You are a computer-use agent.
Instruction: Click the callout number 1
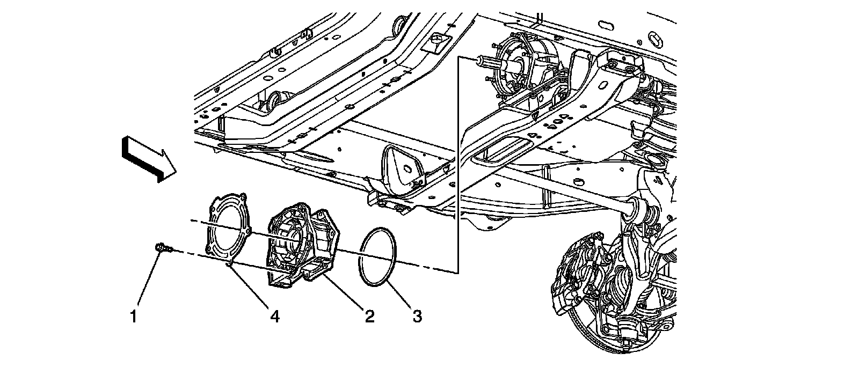(x=133, y=317)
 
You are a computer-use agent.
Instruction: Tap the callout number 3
(x=417, y=317)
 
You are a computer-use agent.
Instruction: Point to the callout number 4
(x=274, y=317)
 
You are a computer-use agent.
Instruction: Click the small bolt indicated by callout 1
(x=162, y=247)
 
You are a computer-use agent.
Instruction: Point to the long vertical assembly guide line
(x=457, y=161)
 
